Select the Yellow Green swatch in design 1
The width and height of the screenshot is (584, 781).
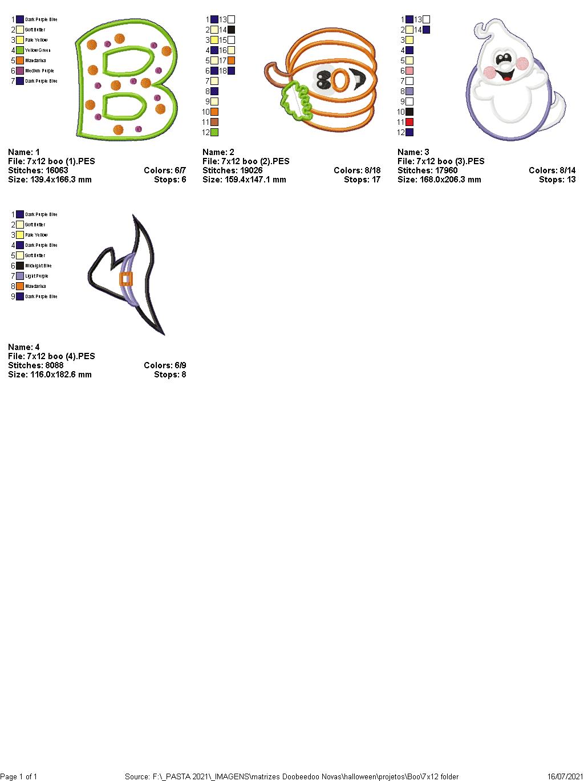20,50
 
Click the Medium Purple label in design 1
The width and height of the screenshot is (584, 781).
39,71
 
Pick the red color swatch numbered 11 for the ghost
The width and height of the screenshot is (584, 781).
409,122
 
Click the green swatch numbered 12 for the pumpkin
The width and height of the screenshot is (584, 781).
214,132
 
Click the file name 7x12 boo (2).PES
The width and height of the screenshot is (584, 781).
256,161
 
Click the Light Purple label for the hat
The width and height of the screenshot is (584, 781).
36,276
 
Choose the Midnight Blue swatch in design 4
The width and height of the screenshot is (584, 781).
20,266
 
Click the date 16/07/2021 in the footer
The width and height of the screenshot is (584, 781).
565,776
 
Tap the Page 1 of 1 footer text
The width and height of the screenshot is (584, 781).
19,776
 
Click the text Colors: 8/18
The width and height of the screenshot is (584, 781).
357,170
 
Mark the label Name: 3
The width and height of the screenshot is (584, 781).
413,152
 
